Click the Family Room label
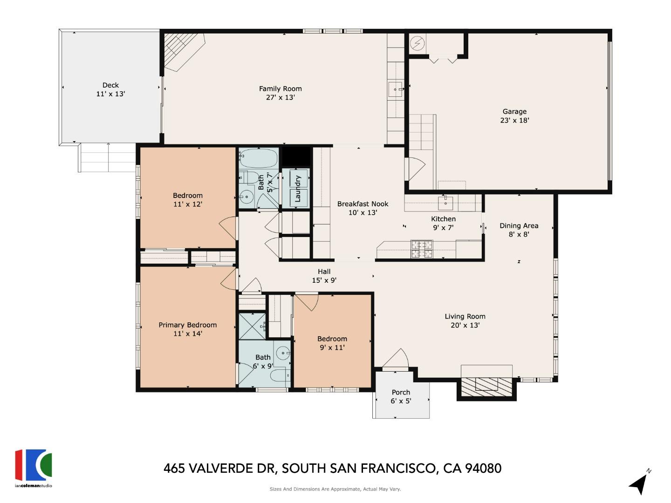click(x=280, y=88)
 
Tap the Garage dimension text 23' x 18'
click(x=514, y=120)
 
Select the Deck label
click(x=110, y=85)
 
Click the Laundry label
click(x=298, y=188)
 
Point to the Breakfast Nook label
click(x=363, y=204)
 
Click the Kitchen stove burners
click(x=421, y=249)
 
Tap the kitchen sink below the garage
click(x=445, y=202)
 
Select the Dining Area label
click(x=519, y=225)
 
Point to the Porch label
click(x=401, y=392)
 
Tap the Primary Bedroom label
click(x=187, y=325)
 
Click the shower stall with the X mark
click(x=252, y=326)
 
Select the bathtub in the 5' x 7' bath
click(x=259, y=158)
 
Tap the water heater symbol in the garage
click(x=418, y=44)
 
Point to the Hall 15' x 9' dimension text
click(x=324, y=280)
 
